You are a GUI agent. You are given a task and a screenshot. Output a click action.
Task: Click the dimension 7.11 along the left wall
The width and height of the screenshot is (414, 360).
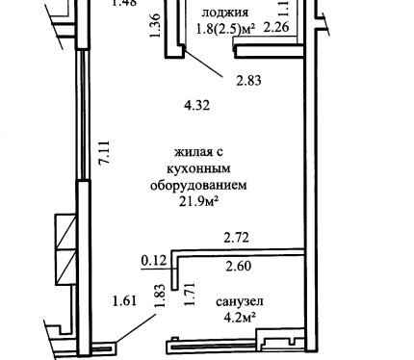(x=106, y=152)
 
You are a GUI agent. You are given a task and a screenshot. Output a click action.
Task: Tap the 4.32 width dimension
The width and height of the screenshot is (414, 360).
(x=197, y=105)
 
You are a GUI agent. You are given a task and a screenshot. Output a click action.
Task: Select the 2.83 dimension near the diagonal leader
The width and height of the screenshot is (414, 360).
(x=248, y=81)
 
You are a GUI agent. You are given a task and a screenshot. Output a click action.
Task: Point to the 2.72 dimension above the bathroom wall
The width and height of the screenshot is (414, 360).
(x=237, y=238)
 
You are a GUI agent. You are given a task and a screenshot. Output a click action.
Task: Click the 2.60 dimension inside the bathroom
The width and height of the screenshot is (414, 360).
(x=238, y=266)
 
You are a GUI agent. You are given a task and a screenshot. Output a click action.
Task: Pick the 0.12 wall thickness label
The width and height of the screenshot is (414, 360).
(x=154, y=260)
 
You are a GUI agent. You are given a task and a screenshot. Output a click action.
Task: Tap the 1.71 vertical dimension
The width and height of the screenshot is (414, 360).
(x=190, y=294)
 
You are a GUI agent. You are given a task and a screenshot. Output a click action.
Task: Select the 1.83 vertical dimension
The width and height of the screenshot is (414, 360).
(x=160, y=296)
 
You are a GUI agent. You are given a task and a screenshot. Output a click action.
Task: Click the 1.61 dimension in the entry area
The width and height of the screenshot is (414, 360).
(x=125, y=301)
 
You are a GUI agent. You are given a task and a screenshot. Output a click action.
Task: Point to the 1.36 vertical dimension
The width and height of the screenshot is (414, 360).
(x=155, y=25)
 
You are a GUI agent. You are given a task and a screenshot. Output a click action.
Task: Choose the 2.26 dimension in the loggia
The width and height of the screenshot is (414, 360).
(x=276, y=27)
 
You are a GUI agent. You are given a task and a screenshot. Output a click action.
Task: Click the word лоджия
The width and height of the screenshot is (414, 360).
(x=225, y=13)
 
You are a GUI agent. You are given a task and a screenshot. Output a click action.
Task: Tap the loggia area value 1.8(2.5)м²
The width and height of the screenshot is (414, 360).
(x=226, y=30)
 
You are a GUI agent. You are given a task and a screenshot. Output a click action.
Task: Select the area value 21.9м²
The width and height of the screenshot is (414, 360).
(x=199, y=202)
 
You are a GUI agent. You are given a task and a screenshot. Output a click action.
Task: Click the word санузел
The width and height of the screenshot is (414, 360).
(x=240, y=301)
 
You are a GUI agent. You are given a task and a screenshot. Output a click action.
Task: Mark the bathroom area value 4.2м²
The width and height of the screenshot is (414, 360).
(x=240, y=318)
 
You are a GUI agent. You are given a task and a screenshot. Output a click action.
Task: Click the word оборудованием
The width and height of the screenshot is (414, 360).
(x=198, y=186)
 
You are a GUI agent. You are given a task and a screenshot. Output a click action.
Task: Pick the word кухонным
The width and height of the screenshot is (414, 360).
(x=198, y=168)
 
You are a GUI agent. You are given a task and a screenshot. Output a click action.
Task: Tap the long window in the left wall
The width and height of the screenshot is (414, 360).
(x=83, y=115)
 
